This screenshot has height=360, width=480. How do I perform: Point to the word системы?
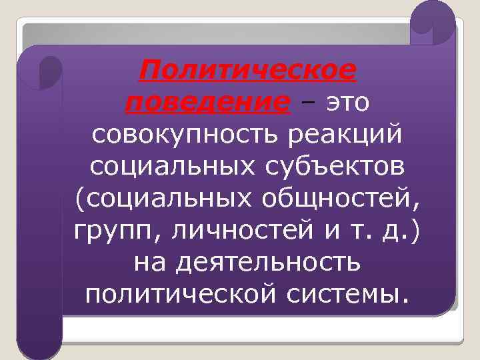tap(353, 293)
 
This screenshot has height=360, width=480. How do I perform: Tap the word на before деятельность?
tap(151, 261)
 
